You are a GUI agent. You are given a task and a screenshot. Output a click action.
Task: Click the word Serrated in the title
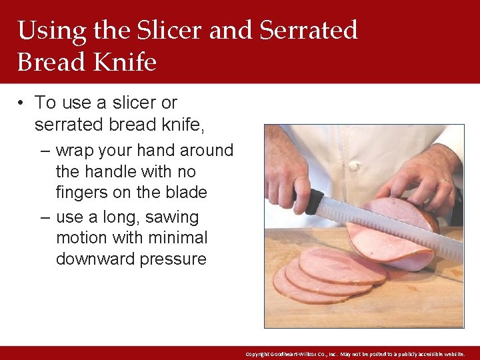tap(308, 30)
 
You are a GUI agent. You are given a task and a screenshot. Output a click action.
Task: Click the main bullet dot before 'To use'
tap(22, 103)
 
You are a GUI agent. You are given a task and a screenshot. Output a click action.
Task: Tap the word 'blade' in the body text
tap(187, 193)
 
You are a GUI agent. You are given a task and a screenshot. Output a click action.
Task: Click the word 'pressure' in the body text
tap(173, 259)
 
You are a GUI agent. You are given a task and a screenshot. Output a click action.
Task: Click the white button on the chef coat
tap(353, 165)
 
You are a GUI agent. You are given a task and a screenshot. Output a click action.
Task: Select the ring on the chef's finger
tap(443, 180)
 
